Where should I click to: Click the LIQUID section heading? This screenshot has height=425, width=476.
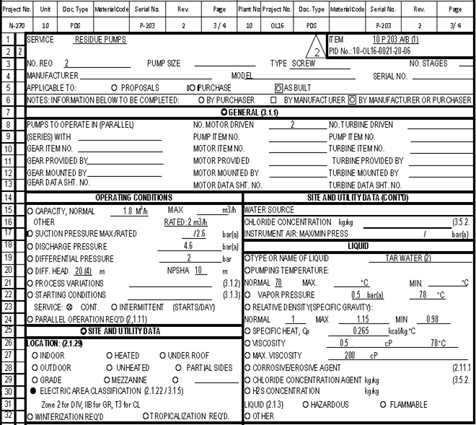coord(358,246)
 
